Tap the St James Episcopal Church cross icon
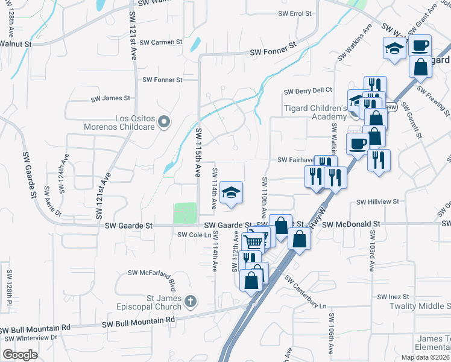point(190,300)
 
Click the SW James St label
point(110,98)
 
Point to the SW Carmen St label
point(160,42)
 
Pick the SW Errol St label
point(295,13)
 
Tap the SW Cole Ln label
point(194,235)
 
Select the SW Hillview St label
point(378,203)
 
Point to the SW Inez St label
point(393,297)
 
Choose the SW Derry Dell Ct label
point(308,91)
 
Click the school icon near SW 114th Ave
point(231,192)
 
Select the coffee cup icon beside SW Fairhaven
point(358,144)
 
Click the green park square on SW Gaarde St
point(185,213)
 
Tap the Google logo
point(20,355)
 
